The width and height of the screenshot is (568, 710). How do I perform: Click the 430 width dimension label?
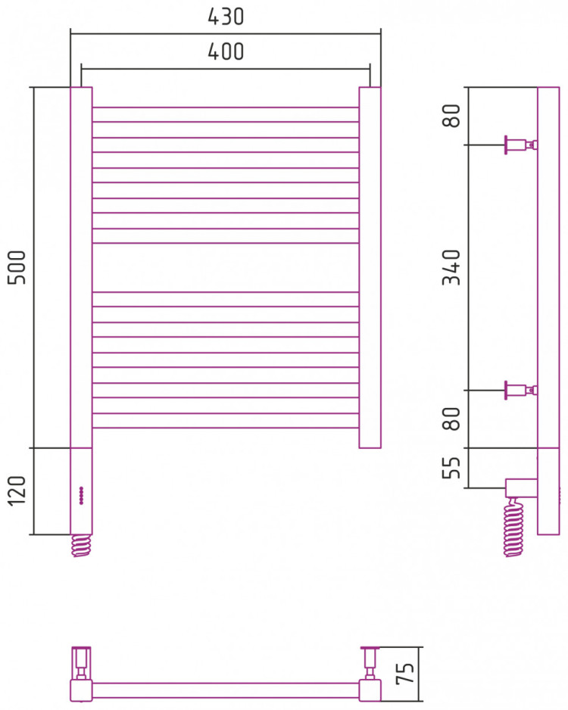tap(226, 17)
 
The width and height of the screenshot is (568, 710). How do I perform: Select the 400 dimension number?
tap(226, 51)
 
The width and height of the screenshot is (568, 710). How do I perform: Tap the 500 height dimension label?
tap(18, 267)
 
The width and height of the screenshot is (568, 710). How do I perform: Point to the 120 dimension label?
tap(18, 491)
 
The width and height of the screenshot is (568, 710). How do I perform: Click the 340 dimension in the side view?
tap(451, 267)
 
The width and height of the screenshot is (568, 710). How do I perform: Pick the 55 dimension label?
tap(451, 467)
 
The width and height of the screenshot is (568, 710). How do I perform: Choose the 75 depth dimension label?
tap(405, 674)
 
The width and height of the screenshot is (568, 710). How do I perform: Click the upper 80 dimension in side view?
tap(451, 116)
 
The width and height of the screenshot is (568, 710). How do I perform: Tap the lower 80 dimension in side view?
tap(451, 419)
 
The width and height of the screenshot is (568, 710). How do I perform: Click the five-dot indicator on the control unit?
tap(81, 495)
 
